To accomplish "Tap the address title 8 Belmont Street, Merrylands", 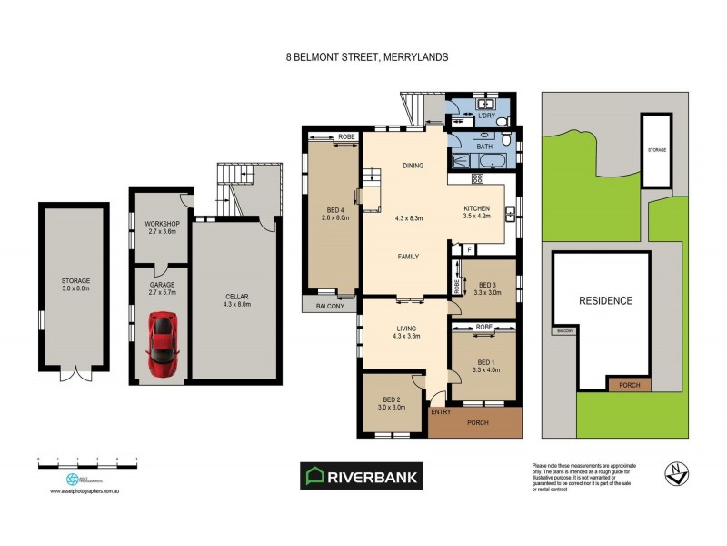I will (x=366, y=56).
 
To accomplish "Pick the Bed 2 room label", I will (x=393, y=402).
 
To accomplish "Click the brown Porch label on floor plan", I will (x=477, y=422).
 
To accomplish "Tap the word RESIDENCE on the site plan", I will (x=605, y=300).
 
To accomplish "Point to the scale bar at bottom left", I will (x=86, y=465).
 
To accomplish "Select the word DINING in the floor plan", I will (x=413, y=166).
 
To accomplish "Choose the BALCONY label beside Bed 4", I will (x=330, y=307).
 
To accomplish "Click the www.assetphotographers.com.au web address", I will (x=86, y=491).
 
